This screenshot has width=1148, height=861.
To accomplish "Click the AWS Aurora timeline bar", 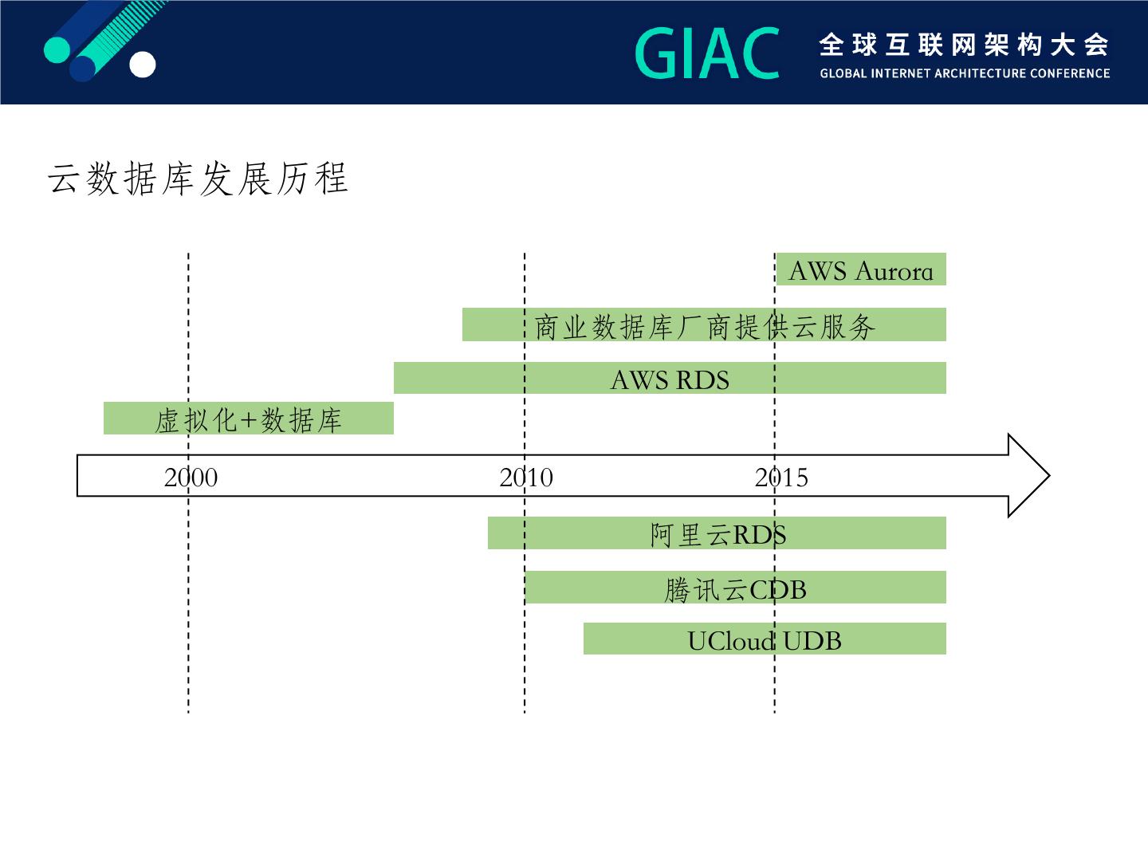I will [x=861, y=269].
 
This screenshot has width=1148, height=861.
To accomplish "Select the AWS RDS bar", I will [x=670, y=378].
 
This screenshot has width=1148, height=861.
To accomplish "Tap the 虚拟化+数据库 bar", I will [x=249, y=419].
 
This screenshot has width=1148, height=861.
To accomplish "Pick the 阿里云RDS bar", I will [x=717, y=533].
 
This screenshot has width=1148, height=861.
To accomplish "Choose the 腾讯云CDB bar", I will [x=735, y=588].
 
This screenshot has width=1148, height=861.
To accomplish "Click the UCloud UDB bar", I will [x=765, y=639].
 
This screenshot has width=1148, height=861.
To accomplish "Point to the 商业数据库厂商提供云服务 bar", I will [x=704, y=324].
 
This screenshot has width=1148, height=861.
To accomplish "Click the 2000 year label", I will [x=191, y=477].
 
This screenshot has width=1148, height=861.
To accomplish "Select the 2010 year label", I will [x=526, y=477].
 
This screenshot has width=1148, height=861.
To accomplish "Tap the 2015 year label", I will [x=781, y=477].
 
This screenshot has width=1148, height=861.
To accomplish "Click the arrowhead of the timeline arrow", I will [x=1028, y=475].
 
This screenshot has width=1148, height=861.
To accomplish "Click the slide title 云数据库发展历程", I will [x=198, y=179].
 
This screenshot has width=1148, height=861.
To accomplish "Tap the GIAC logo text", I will [x=707, y=53].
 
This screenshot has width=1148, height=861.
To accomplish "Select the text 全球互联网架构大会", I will [x=964, y=45].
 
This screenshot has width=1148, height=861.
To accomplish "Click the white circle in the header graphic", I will [x=143, y=65].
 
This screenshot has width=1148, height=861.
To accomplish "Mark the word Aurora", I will [x=893, y=271].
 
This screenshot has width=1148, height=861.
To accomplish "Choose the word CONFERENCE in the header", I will [x=1069, y=73].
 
